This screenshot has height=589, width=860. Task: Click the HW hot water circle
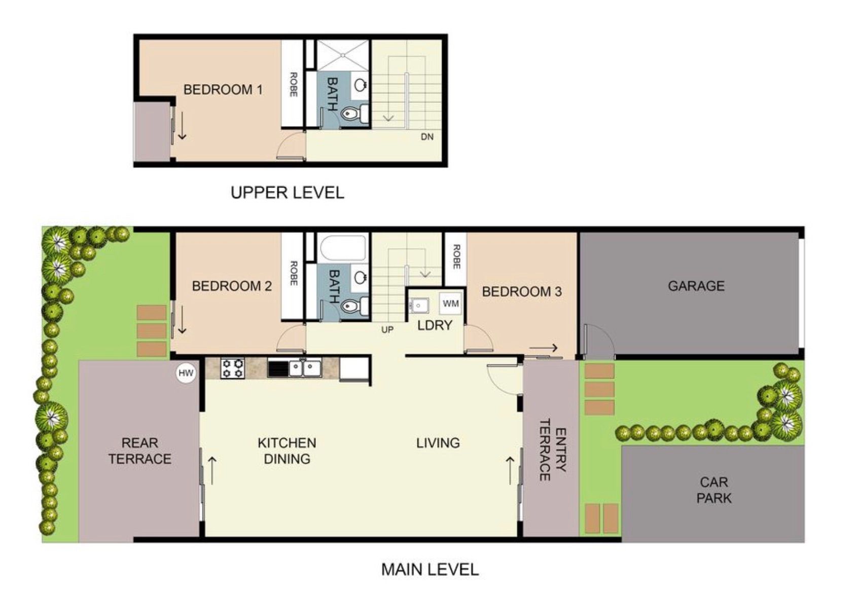point(186,373)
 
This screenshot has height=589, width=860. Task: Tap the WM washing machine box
point(451,304)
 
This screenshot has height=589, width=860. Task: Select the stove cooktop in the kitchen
point(233,369)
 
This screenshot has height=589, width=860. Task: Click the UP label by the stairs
point(387,329)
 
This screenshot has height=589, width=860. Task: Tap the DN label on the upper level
point(427,136)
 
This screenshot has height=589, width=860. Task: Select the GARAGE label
point(696,286)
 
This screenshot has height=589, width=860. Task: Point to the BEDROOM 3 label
point(522,291)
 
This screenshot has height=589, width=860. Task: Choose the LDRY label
point(435,325)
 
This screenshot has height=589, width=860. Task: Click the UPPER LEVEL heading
point(287,192)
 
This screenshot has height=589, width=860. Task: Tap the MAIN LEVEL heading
point(430,569)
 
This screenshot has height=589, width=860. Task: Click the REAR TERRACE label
point(140,451)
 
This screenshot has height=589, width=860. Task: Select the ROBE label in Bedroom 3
point(456,256)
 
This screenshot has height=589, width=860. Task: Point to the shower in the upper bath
point(343,55)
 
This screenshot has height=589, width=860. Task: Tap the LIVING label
point(438,443)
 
